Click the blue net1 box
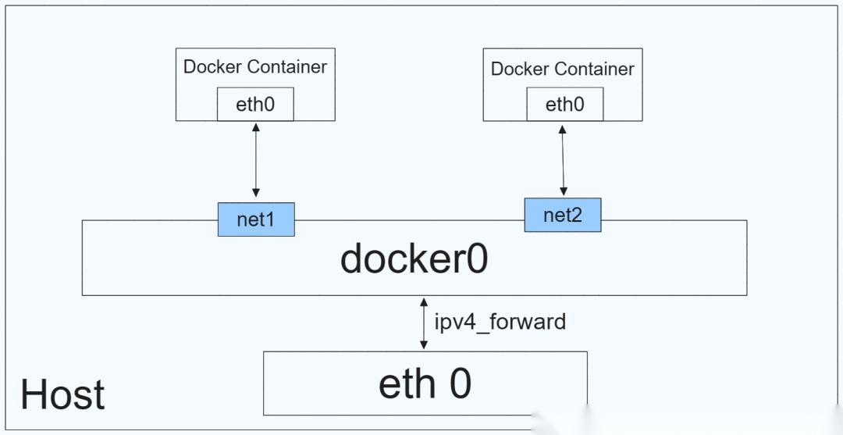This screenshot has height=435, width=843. pos(256,219)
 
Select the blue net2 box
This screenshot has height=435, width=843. pos(563,215)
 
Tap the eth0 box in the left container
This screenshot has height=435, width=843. pos(255,105)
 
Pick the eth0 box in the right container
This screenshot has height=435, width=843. pos(564,105)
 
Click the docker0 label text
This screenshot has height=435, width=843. pos(414,259)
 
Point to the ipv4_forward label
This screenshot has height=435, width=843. pos(500,321)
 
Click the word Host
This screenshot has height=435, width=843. pos(62,394)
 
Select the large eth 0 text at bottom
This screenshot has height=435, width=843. pos(425,383)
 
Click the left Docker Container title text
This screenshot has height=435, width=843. pos(255,66)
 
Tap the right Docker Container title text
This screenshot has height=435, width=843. pos(563,69)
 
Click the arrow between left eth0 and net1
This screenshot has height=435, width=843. pos(255,160)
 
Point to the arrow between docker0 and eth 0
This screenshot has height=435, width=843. pos(424,323)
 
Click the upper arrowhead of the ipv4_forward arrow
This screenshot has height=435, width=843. pos(424,301)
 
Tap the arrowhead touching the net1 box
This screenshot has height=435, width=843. pos(255,193)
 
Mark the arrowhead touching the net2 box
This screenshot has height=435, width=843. pos(564,190)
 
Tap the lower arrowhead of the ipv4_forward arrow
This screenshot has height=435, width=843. pos(424,345)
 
